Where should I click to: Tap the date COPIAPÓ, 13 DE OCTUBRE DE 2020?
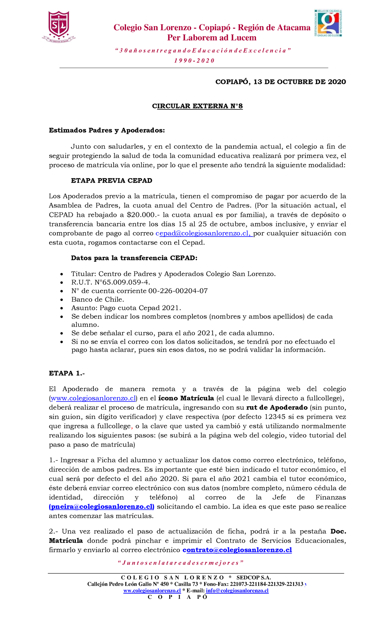tap(281, 82)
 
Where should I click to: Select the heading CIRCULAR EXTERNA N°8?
tap(197, 106)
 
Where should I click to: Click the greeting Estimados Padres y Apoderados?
tap(107, 130)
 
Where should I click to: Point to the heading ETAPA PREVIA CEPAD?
tap(111, 181)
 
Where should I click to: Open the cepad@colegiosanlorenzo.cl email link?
tap(204, 233)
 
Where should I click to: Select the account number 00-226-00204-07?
tap(178, 291)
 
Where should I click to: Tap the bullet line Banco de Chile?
tap(98, 299)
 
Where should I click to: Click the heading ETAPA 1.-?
tap(67, 373)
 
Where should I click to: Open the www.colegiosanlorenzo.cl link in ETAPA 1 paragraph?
tap(93, 398)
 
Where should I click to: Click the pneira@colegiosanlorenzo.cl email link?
tap(101, 507)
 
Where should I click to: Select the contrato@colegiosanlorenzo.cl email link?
tap(237, 550)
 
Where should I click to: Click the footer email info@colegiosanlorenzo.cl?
tap(237, 590)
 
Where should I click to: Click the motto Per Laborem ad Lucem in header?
tap(212, 38)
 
